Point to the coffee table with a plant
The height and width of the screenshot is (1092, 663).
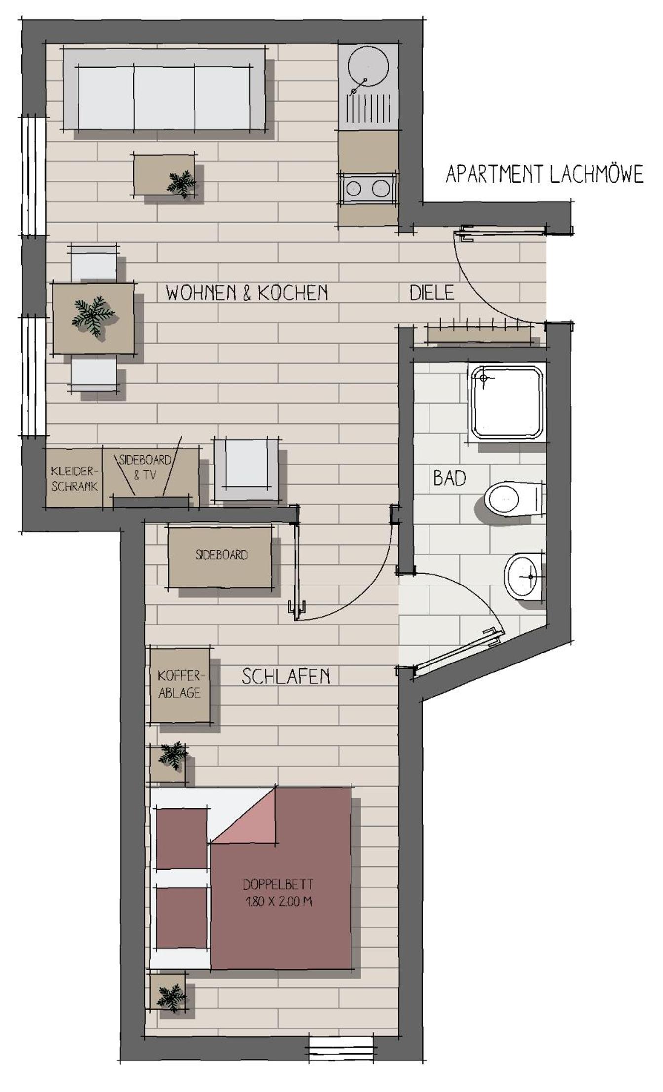point(164,174)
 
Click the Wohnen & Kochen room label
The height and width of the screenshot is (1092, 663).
point(247,293)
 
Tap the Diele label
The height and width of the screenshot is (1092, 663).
point(431,293)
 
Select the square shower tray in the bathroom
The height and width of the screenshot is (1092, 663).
point(507,401)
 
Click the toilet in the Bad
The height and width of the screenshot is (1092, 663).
point(514,499)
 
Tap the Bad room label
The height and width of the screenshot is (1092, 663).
point(450,478)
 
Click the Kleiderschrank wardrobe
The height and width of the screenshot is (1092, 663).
point(74,477)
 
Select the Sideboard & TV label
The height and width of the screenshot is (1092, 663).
point(145,467)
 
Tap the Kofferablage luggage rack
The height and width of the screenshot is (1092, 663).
point(180,685)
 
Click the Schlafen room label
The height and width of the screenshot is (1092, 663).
point(286,676)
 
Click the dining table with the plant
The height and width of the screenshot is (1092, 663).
point(93,318)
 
